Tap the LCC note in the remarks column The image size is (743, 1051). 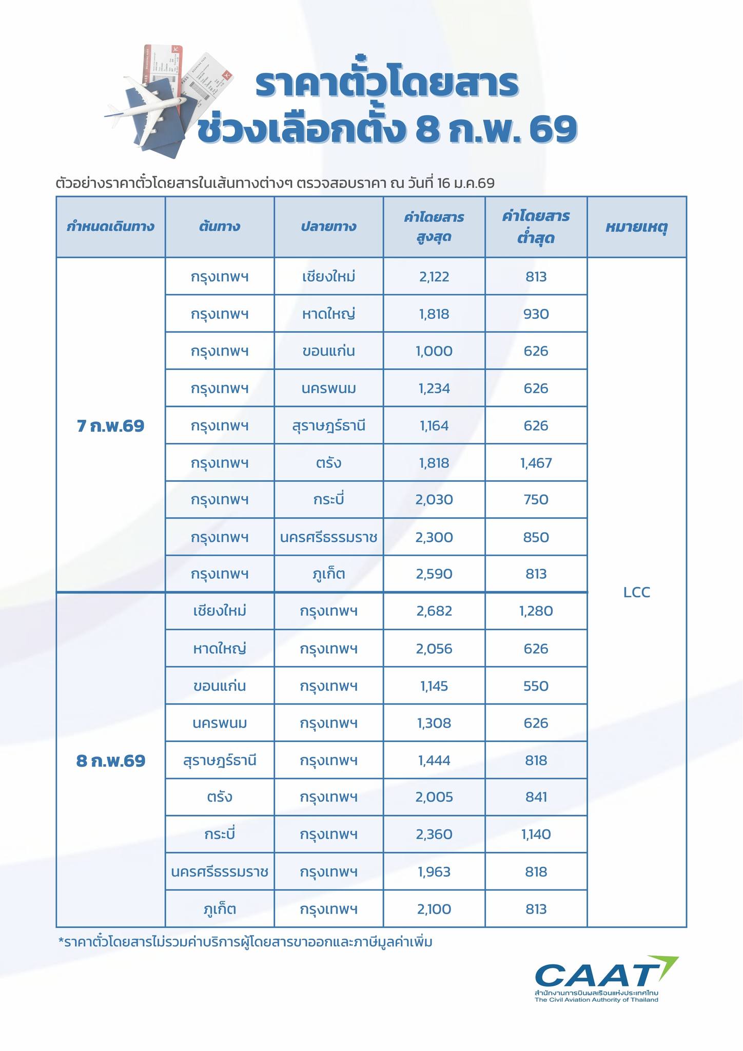point(637,593)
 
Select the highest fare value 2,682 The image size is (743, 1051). point(434,611)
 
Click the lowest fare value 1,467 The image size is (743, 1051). point(536,463)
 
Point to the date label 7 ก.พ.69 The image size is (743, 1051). point(111,426)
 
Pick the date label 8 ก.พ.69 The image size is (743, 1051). point(111,761)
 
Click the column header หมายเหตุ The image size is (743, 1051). point(636,227)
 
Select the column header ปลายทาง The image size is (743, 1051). point(328,227)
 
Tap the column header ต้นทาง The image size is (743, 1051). point(220,227)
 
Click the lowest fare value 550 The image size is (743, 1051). point(536,686)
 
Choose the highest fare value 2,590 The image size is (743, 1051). point(434,574)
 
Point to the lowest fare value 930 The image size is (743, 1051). point(536,314)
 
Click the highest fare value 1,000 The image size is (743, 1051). point(434,352)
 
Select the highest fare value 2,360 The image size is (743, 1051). point(434,834)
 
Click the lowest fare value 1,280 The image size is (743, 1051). point(536,611)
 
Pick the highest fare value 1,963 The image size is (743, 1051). point(434,872)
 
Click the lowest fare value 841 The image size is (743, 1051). point(536,797)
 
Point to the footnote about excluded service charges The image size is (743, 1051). point(246,942)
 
